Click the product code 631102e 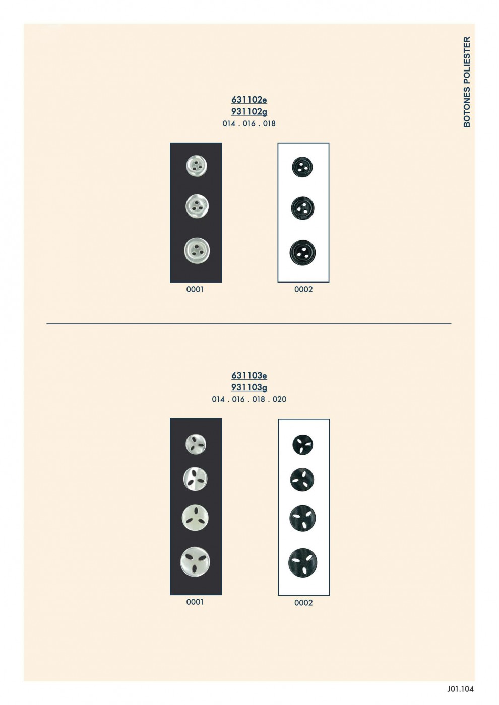(249, 100)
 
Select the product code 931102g (249, 112)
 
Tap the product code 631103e (249, 376)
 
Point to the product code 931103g (249, 387)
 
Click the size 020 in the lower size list (280, 400)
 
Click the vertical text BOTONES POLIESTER (467, 82)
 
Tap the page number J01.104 (460, 689)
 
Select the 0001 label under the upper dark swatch (195, 290)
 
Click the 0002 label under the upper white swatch (303, 290)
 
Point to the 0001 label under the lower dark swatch (195, 602)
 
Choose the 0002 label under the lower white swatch (303, 603)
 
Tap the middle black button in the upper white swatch (303, 208)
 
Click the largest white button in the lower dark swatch (196, 562)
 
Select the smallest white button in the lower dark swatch (196, 444)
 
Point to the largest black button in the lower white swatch (303, 563)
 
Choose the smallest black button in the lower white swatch (303, 445)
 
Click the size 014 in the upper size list (229, 124)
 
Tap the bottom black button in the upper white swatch (302, 252)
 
